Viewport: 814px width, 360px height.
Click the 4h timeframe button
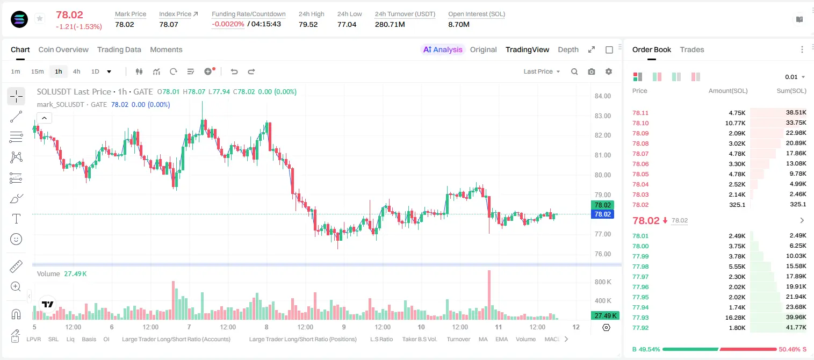click(x=76, y=71)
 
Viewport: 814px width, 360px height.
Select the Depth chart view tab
click(x=568, y=49)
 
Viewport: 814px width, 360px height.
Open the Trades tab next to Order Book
click(x=692, y=49)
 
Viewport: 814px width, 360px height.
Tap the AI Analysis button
click(x=443, y=49)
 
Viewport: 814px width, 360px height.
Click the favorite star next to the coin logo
click(x=40, y=18)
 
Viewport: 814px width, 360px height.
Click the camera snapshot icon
click(x=592, y=71)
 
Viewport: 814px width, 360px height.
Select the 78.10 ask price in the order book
click(x=640, y=123)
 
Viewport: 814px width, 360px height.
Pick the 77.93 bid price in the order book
click(x=640, y=318)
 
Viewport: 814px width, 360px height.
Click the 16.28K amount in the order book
click(x=735, y=318)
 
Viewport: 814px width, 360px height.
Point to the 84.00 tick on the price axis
click(x=603, y=96)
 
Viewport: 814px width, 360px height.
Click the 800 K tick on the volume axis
click(x=603, y=282)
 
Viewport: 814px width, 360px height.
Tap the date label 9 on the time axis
click(x=344, y=327)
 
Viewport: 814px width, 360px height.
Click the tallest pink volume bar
click(x=489, y=295)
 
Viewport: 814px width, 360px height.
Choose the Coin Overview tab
click(x=63, y=49)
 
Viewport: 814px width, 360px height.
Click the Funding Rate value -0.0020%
click(x=228, y=24)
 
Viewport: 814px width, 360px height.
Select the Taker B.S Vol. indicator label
click(x=419, y=339)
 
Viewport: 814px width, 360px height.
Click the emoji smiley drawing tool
click(x=16, y=239)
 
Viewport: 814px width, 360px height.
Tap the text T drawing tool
click(x=16, y=219)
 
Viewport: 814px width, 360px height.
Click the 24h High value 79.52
click(x=308, y=24)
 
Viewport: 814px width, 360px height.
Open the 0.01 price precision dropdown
click(x=795, y=77)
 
